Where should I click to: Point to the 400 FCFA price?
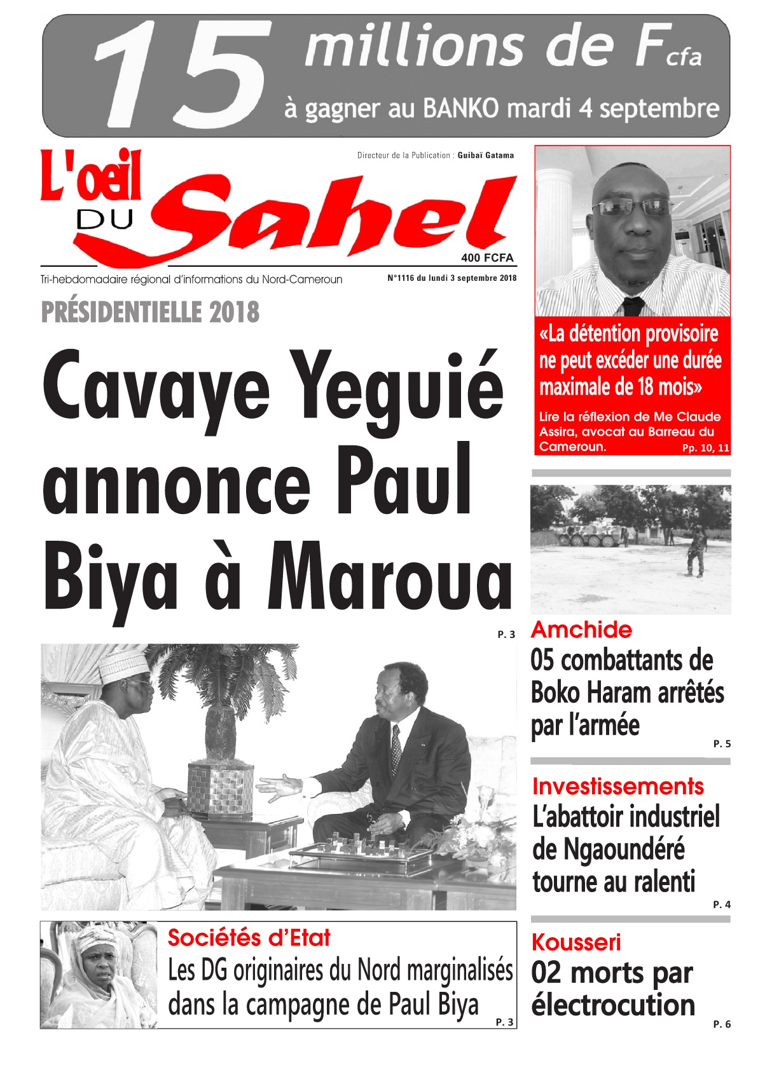487,258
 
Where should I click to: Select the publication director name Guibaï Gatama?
486,155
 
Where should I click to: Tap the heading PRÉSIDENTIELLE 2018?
150,312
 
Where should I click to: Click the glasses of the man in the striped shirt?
633,207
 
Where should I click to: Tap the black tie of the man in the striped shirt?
633,306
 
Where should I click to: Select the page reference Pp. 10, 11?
706,448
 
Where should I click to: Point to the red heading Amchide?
581,630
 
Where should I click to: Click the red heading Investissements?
617,786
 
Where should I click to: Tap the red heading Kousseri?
576,942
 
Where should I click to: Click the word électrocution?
613,1005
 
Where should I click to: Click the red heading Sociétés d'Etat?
249,938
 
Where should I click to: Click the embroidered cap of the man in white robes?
125,665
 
